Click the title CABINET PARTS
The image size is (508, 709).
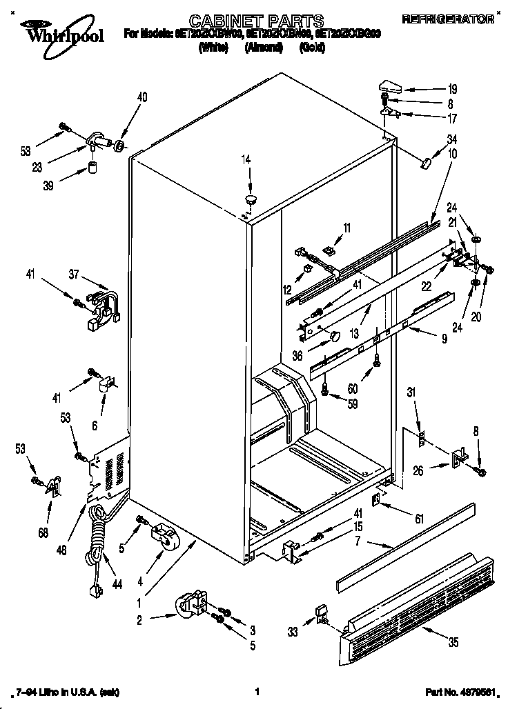(x=256, y=21)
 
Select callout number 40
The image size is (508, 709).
(x=141, y=97)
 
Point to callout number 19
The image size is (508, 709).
(x=452, y=88)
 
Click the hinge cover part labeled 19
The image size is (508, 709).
(x=392, y=86)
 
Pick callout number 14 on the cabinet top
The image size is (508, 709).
(x=246, y=160)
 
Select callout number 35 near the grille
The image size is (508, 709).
(x=452, y=643)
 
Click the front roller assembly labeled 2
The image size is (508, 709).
(x=192, y=606)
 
